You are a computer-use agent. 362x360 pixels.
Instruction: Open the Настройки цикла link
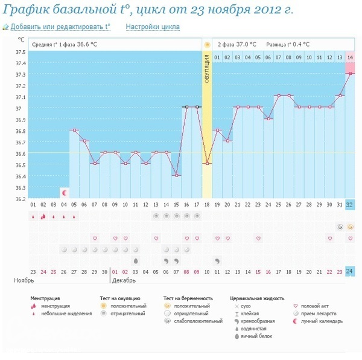pos(152,27)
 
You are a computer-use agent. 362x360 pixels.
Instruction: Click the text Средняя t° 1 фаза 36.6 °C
pos(65,44)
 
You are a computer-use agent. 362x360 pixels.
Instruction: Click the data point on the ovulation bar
pos(207,164)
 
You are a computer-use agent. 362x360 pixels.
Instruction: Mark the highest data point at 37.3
pos(350,74)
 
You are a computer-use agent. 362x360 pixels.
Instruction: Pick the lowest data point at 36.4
pos(176,175)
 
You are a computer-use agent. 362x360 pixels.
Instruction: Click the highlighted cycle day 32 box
pos(350,205)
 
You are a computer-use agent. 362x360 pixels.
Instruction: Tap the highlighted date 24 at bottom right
pos(350,271)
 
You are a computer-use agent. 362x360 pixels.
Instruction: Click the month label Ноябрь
pos(25,281)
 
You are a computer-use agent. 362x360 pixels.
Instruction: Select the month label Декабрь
pos(124,281)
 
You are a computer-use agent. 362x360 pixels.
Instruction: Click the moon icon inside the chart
pos(65,193)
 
